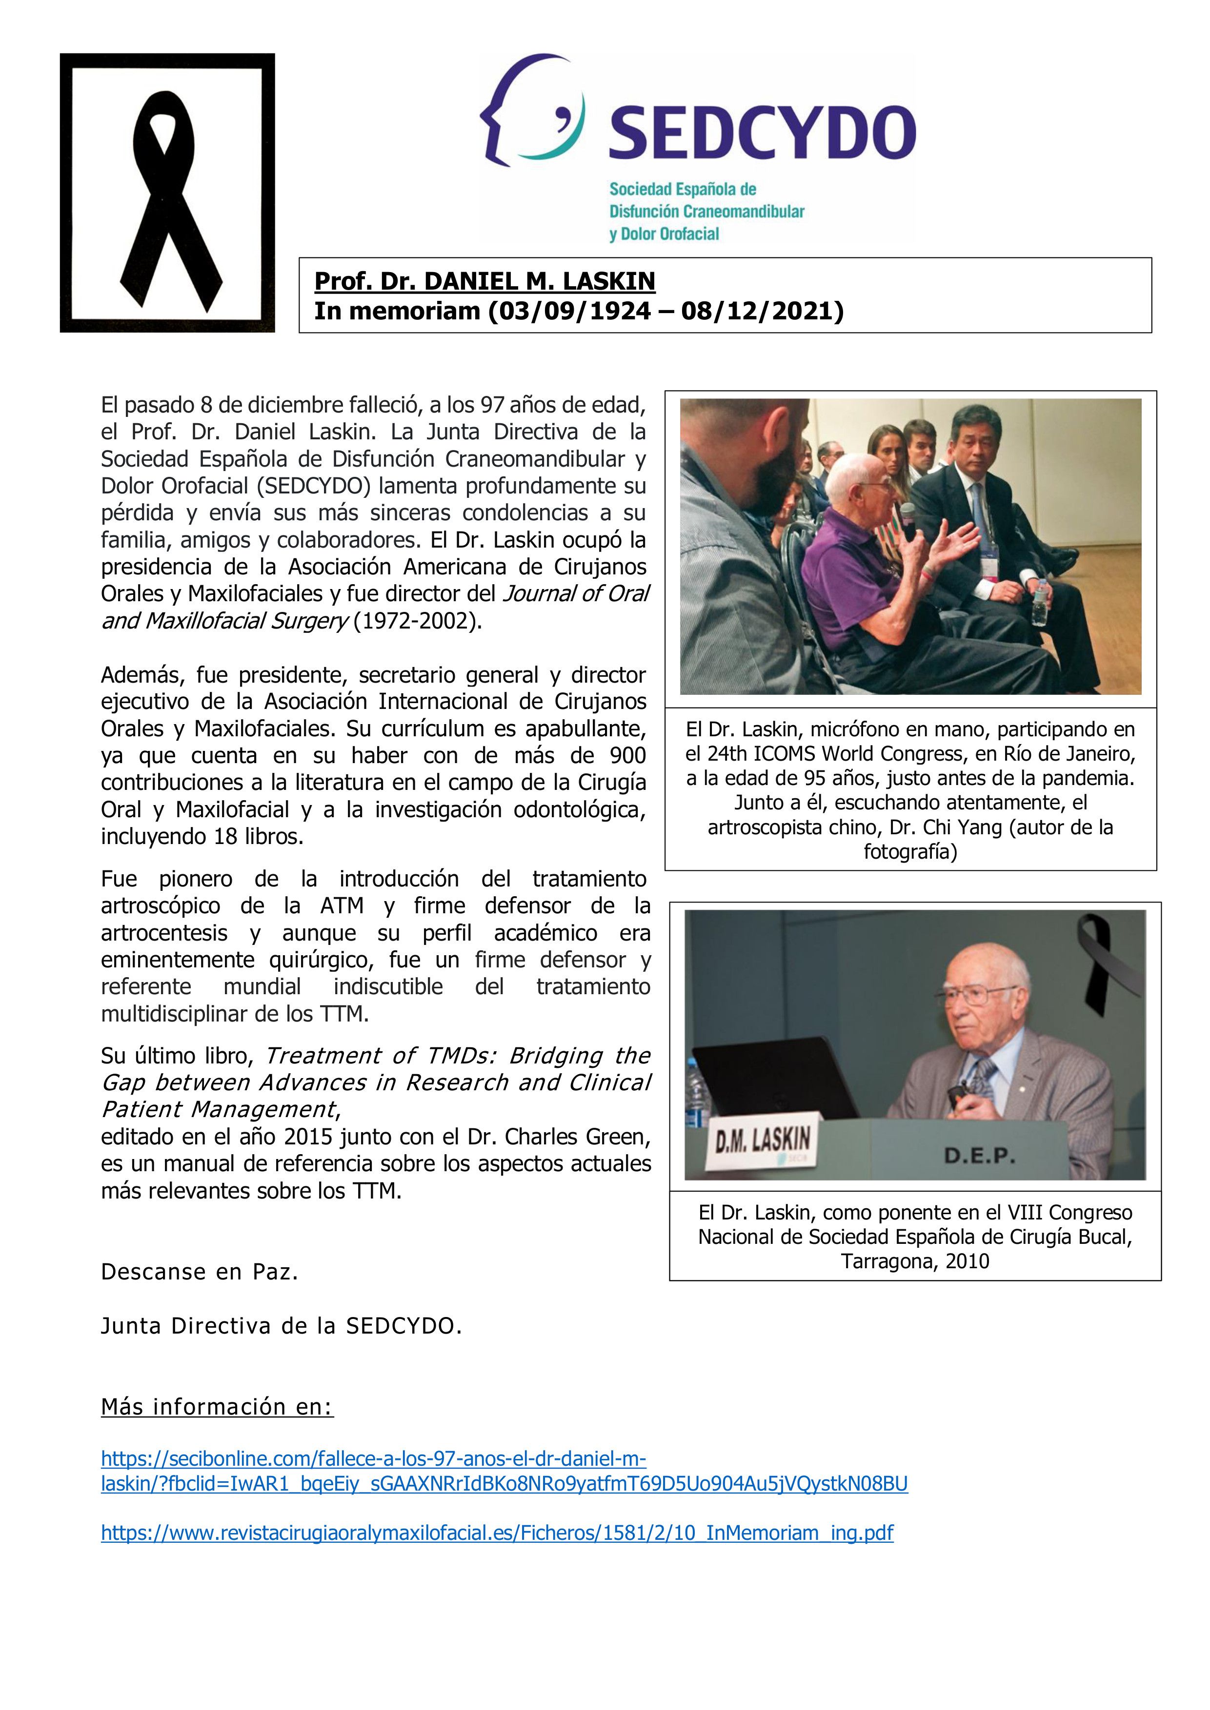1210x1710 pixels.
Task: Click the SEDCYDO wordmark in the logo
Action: point(762,133)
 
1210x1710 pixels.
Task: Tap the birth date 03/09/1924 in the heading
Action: point(569,311)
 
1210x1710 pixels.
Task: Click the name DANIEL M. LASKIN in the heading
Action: point(540,281)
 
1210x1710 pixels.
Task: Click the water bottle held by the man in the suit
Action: point(1039,601)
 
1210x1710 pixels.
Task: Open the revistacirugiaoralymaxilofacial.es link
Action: point(497,1533)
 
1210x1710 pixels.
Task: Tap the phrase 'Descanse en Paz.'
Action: point(200,1272)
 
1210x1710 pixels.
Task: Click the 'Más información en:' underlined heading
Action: point(217,1407)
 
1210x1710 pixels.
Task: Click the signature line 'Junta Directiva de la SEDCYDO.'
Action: point(282,1326)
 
